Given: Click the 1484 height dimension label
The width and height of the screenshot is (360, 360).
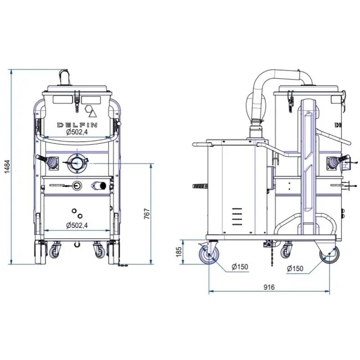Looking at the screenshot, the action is click(x=7, y=166).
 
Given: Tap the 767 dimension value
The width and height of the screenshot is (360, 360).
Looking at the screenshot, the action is click(x=147, y=214).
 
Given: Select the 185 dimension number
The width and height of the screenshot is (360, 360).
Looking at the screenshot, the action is click(x=179, y=252).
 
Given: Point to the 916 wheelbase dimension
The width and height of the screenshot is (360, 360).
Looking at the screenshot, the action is click(x=269, y=287).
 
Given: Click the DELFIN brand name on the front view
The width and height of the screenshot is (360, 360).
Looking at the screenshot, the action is click(x=77, y=125).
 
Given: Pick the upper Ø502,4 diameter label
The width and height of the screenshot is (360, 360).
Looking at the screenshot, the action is click(x=77, y=132).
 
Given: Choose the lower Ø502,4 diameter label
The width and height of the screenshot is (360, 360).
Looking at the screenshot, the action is click(x=77, y=225).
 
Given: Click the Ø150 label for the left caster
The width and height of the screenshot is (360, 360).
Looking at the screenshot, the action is click(x=240, y=267).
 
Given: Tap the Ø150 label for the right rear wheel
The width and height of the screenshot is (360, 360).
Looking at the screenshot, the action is click(x=295, y=268).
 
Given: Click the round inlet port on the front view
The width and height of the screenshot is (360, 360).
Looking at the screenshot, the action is click(x=77, y=163).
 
